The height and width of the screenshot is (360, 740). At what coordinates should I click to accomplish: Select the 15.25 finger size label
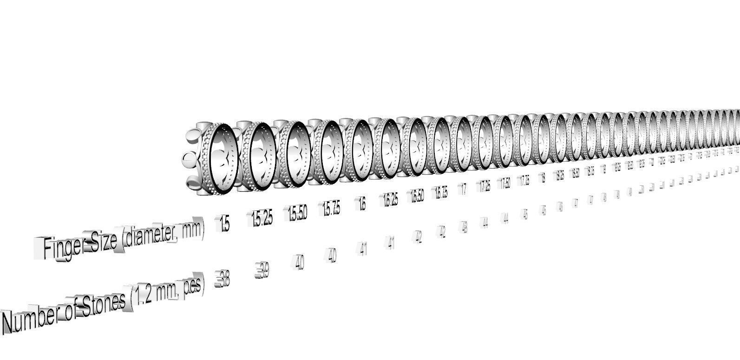pos(262,219)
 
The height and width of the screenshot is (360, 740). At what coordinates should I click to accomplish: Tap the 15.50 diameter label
pos(297,213)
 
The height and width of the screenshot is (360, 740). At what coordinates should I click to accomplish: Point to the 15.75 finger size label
pos(331,209)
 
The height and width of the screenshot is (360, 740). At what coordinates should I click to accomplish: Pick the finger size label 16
pos(362,204)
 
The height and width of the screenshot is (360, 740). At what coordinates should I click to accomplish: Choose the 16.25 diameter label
pos(391,200)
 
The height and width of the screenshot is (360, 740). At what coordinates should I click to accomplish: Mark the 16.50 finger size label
pos(417,196)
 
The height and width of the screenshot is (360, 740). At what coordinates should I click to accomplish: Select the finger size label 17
pos(464,189)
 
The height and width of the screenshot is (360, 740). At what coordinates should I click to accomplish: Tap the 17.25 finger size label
pos(485,185)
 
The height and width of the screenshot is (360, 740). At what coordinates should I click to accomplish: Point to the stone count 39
pos(262,271)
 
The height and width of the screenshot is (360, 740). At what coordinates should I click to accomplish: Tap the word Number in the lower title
pos(30,320)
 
